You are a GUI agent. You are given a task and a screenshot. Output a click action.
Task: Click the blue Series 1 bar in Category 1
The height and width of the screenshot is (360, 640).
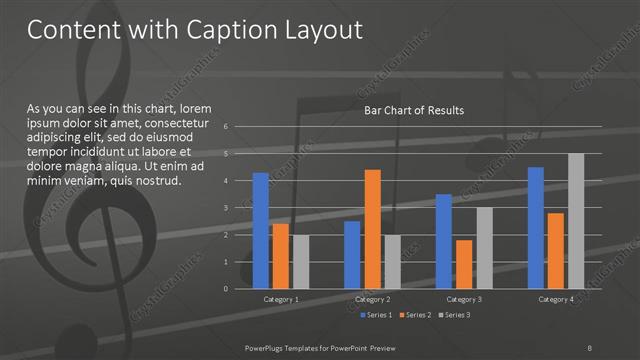click(x=261, y=230)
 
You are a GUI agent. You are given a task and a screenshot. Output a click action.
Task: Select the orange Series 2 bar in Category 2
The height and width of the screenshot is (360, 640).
click(x=372, y=228)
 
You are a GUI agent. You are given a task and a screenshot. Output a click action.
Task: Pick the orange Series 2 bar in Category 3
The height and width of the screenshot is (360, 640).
click(x=463, y=264)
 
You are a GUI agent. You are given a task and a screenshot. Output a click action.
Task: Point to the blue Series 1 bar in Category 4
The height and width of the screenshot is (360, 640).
click(x=535, y=227)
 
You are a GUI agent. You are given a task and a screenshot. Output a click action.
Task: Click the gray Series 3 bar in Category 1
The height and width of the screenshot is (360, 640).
click(x=300, y=261)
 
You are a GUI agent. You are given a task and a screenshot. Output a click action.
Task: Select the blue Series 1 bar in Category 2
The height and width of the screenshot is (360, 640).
click(x=352, y=254)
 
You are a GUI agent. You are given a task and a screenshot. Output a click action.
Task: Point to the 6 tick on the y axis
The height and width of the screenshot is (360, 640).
click(x=227, y=127)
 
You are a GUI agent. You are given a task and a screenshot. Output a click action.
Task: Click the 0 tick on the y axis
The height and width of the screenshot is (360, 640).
click(x=227, y=289)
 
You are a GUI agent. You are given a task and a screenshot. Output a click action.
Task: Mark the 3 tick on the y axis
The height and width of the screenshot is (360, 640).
click(x=227, y=208)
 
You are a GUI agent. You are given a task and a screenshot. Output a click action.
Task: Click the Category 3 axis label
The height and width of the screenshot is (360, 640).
click(x=463, y=299)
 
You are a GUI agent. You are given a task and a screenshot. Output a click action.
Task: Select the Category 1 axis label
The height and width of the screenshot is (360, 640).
click(x=281, y=299)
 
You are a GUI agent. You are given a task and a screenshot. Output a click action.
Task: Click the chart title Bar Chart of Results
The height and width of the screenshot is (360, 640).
click(x=413, y=110)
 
